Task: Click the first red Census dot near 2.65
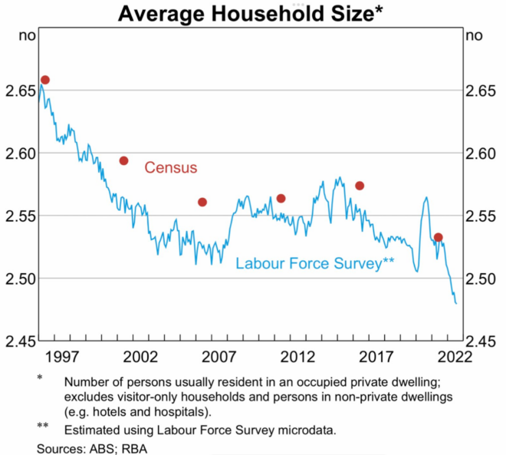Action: [x=45, y=80]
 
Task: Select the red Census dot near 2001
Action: [x=123, y=160]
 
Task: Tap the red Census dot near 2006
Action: [x=202, y=202]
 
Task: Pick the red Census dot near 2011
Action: [x=281, y=198]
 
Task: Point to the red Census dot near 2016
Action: [x=360, y=186]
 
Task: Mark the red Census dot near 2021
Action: [x=438, y=237]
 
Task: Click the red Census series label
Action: [x=171, y=168]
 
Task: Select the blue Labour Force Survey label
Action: [x=314, y=263]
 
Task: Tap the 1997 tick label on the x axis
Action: [x=61, y=357]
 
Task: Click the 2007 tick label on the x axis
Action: [x=219, y=357]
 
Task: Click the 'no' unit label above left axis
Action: [x=28, y=35]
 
